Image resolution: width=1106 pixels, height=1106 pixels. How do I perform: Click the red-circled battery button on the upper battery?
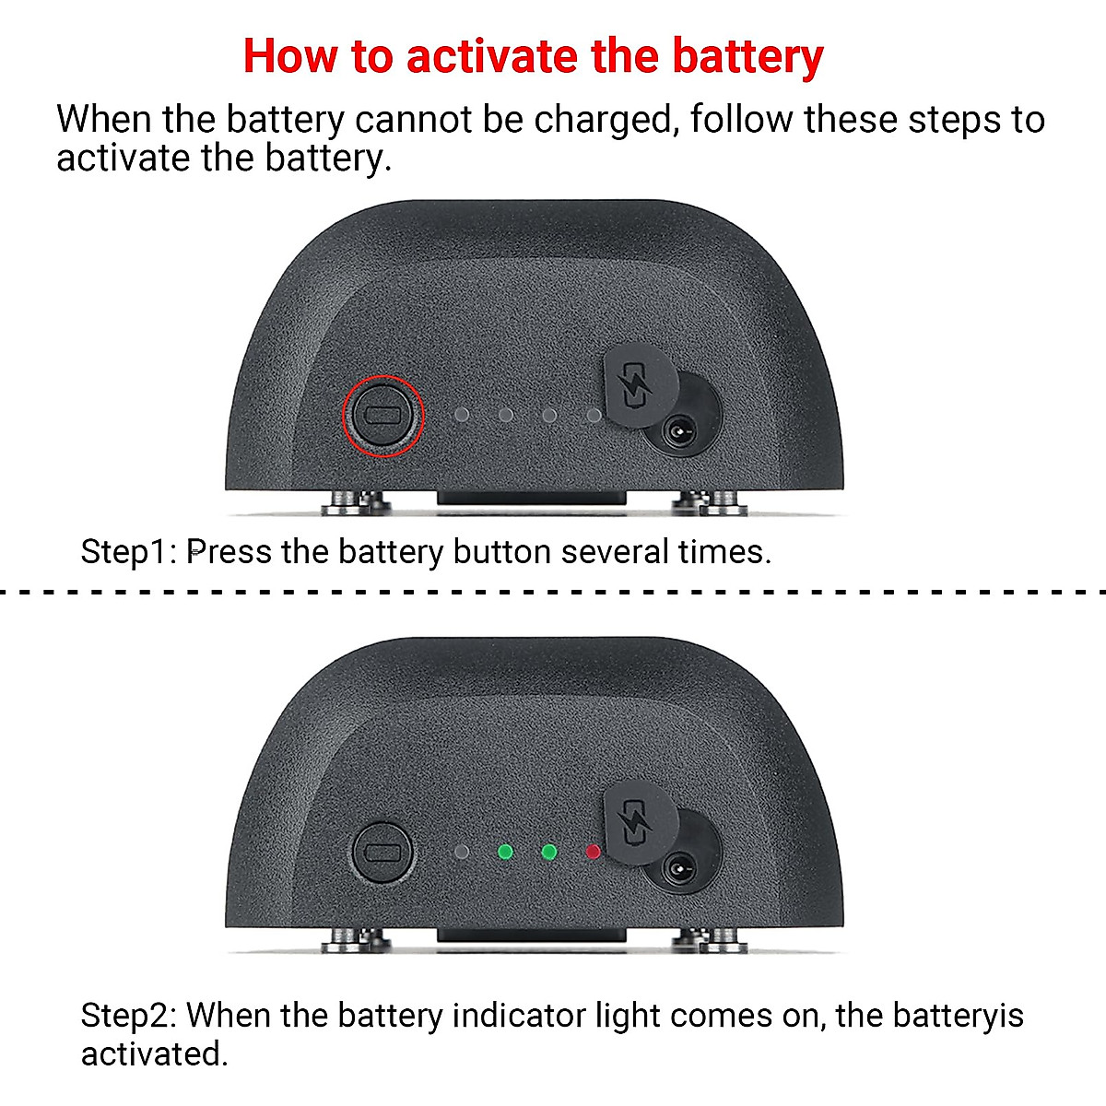pos(383,416)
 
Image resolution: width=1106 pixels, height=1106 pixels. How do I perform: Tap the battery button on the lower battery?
pos(383,853)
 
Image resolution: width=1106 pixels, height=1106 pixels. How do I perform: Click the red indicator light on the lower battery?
pos(593,852)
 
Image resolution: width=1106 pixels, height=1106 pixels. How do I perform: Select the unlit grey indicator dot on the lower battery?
pos(463,852)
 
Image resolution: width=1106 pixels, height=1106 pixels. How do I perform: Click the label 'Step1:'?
pos(129,552)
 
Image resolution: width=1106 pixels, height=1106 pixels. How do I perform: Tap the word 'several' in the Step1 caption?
pos(615,552)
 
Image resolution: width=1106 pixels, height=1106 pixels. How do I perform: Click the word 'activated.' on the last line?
pos(154,1053)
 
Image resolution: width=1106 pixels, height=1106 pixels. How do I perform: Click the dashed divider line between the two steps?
pos(553,592)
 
